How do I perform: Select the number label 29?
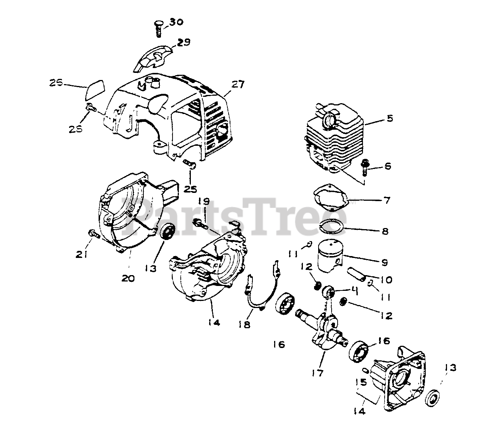(x=183, y=43)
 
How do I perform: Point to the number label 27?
(x=238, y=85)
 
